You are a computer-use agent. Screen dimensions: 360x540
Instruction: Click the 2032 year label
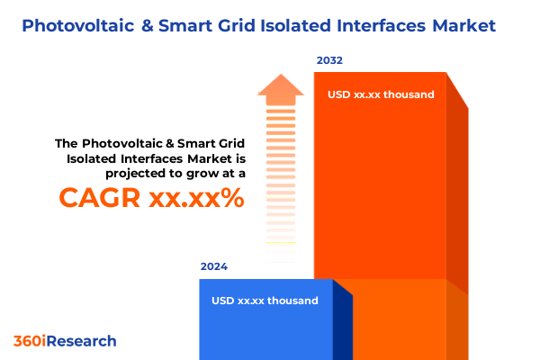click(x=329, y=60)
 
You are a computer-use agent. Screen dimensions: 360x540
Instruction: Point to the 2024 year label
click(x=214, y=266)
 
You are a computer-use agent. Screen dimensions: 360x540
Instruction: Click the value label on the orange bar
click(x=381, y=94)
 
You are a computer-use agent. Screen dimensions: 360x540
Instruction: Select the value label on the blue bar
click(x=265, y=301)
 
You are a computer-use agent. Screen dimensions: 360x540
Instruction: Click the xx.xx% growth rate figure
click(x=199, y=197)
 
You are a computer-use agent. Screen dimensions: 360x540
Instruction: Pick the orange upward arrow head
click(x=281, y=87)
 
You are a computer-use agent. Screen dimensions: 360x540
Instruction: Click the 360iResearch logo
click(x=65, y=341)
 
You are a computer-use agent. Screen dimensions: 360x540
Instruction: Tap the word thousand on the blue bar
click(x=292, y=301)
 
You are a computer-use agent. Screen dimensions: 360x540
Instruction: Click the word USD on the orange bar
click(x=340, y=94)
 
